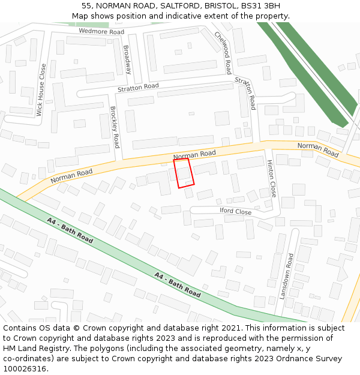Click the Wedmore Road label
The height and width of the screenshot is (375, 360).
(101, 31)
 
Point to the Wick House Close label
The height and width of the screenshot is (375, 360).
(41, 90)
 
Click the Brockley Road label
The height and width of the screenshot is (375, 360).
(115, 127)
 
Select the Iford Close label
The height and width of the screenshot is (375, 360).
(235, 211)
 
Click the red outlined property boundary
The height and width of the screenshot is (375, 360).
(184, 173)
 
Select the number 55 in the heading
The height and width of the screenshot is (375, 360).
(86, 6)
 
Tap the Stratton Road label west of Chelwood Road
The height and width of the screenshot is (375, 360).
(138, 88)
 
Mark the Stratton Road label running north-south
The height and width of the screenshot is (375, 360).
(245, 94)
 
